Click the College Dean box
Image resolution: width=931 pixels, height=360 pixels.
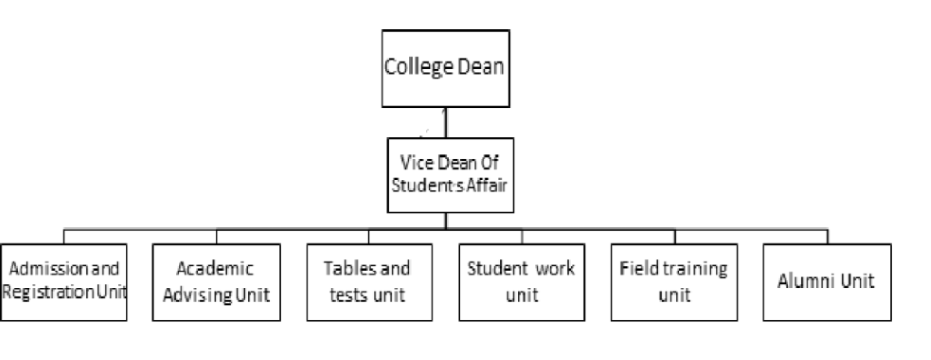point(445,68)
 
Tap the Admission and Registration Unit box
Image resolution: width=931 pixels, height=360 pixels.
point(64,282)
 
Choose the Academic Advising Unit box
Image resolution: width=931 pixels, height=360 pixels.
point(217,282)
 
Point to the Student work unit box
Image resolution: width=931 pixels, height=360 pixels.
point(522,282)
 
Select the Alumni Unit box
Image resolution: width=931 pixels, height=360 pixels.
point(826,282)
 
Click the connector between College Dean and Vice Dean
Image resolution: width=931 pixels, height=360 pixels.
point(445,123)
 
